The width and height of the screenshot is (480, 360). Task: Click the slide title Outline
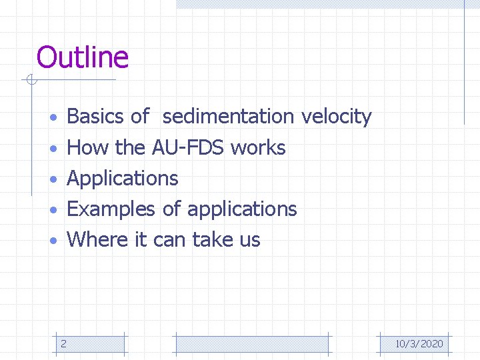pyautogui.click(x=82, y=57)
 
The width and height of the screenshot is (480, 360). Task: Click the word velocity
pyautogui.click(x=336, y=117)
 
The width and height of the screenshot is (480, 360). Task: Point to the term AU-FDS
pyautogui.click(x=188, y=147)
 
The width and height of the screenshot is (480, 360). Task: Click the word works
pyautogui.click(x=258, y=147)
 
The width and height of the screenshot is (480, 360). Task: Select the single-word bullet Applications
pyautogui.click(x=123, y=179)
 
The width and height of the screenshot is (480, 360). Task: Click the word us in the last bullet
pyautogui.click(x=249, y=239)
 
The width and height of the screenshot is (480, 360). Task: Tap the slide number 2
pyautogui.click(x=63, y=344)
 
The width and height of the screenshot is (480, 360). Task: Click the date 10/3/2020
pyautogui.click(x=419, y=344)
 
